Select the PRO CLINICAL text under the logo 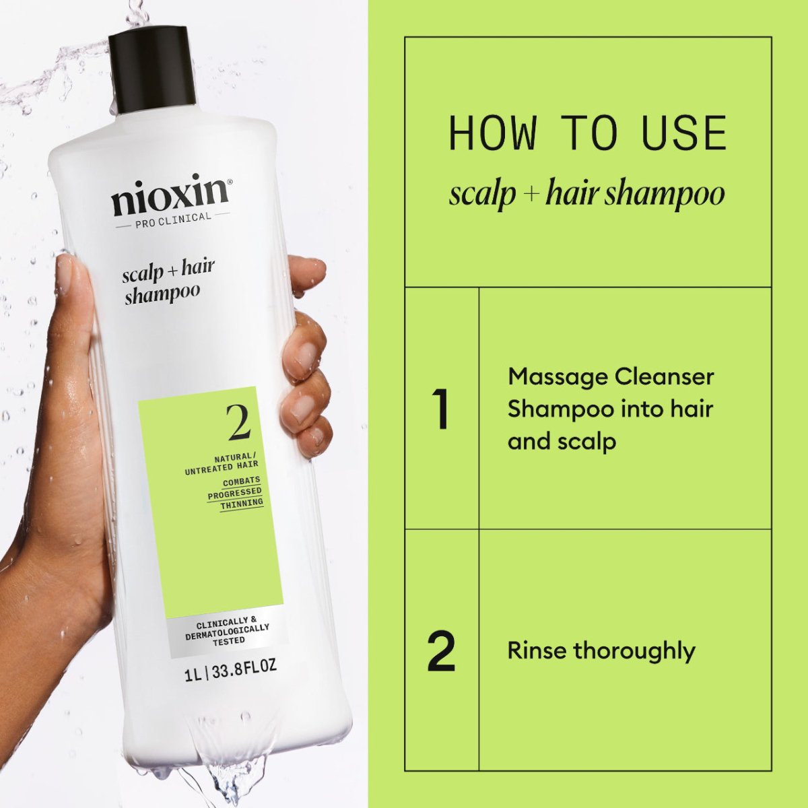[x=172, y=217]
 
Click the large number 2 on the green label [x=239, y=424]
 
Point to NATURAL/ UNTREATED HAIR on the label [x=222, y=461]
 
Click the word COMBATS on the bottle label [x=241, y=481]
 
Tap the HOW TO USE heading [x=587, y=133]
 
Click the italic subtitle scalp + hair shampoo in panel [x=586, y=194]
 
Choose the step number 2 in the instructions [x=442, y=651]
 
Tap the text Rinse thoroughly [x=601, y=651]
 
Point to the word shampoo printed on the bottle [x=162, y=294]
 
